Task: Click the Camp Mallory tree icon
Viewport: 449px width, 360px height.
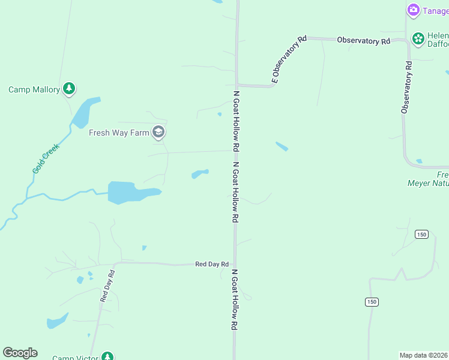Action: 69,89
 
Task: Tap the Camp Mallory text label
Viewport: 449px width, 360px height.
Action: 34,90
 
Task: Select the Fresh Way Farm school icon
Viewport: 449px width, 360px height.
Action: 158,132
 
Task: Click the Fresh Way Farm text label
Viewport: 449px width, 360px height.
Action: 119,133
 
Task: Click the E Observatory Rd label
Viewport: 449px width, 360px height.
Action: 289,59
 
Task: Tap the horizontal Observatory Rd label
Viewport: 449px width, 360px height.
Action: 363,41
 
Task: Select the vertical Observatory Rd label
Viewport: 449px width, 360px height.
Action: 408,87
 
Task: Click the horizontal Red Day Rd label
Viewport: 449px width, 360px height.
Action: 212,264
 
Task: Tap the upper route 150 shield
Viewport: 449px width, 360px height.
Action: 422,234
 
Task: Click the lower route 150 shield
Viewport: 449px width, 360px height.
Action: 372,302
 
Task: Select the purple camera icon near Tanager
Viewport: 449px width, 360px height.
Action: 413,10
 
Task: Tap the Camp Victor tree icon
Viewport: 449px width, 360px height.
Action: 107,357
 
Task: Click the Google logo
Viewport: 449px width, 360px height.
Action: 20,353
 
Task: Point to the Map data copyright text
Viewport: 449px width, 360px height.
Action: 424,355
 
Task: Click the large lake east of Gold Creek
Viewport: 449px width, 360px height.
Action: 129,193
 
